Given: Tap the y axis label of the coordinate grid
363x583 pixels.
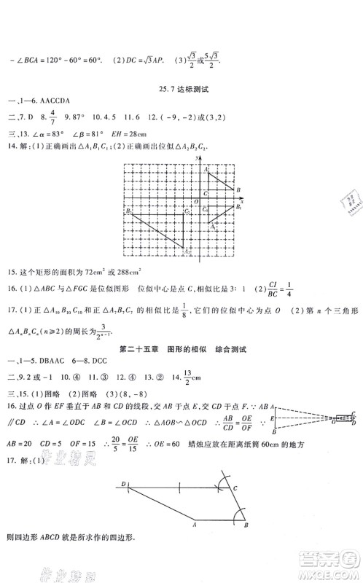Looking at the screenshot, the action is coord(199,157).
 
